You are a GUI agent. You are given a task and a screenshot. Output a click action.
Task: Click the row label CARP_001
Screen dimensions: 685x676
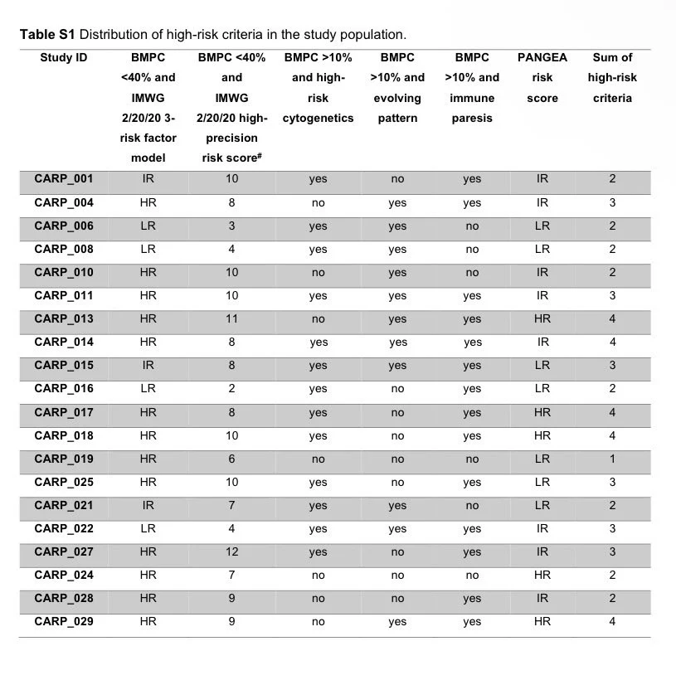[x=64, y=179]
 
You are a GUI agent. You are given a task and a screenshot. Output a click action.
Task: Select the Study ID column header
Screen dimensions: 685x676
[x=64, y=58]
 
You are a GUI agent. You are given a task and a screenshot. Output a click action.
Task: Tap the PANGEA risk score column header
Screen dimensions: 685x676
[x=542, y=78]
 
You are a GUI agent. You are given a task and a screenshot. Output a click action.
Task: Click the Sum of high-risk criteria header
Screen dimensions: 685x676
[x=612, y=78]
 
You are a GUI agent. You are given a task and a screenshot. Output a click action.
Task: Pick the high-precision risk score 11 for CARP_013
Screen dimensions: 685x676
[x=231, y=319]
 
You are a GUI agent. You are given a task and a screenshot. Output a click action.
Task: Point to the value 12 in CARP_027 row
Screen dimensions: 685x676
[x=231, y=552]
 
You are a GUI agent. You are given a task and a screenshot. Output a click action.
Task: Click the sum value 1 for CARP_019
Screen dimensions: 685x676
[x=612, y=459]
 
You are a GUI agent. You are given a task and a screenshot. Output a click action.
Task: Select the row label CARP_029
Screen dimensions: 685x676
[x=64, y=622]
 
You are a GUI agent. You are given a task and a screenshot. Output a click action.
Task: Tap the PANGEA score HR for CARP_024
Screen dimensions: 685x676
[x=542, y=576]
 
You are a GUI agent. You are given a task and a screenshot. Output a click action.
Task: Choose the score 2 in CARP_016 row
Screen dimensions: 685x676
[x=231, y=389]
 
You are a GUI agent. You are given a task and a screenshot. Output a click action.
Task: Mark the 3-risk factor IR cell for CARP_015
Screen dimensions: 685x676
[x=148, y=366]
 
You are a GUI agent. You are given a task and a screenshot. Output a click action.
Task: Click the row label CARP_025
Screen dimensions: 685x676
[x=64, y=483]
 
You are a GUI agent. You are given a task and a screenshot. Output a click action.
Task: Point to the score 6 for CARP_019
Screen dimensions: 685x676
[x=231, y=459]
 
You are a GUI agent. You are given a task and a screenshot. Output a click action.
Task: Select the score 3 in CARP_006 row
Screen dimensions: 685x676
[x=231, y=226]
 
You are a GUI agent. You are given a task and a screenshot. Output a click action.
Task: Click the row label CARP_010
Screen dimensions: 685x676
[x=64, y=273]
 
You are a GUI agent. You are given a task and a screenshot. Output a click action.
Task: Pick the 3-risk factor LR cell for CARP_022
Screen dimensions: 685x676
[x=148, y=529]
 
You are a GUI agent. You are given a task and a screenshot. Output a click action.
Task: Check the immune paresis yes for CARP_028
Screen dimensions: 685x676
[x=472, y=599]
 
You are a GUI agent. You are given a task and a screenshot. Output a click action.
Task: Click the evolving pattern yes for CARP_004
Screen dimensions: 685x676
[x=397, y=203]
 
